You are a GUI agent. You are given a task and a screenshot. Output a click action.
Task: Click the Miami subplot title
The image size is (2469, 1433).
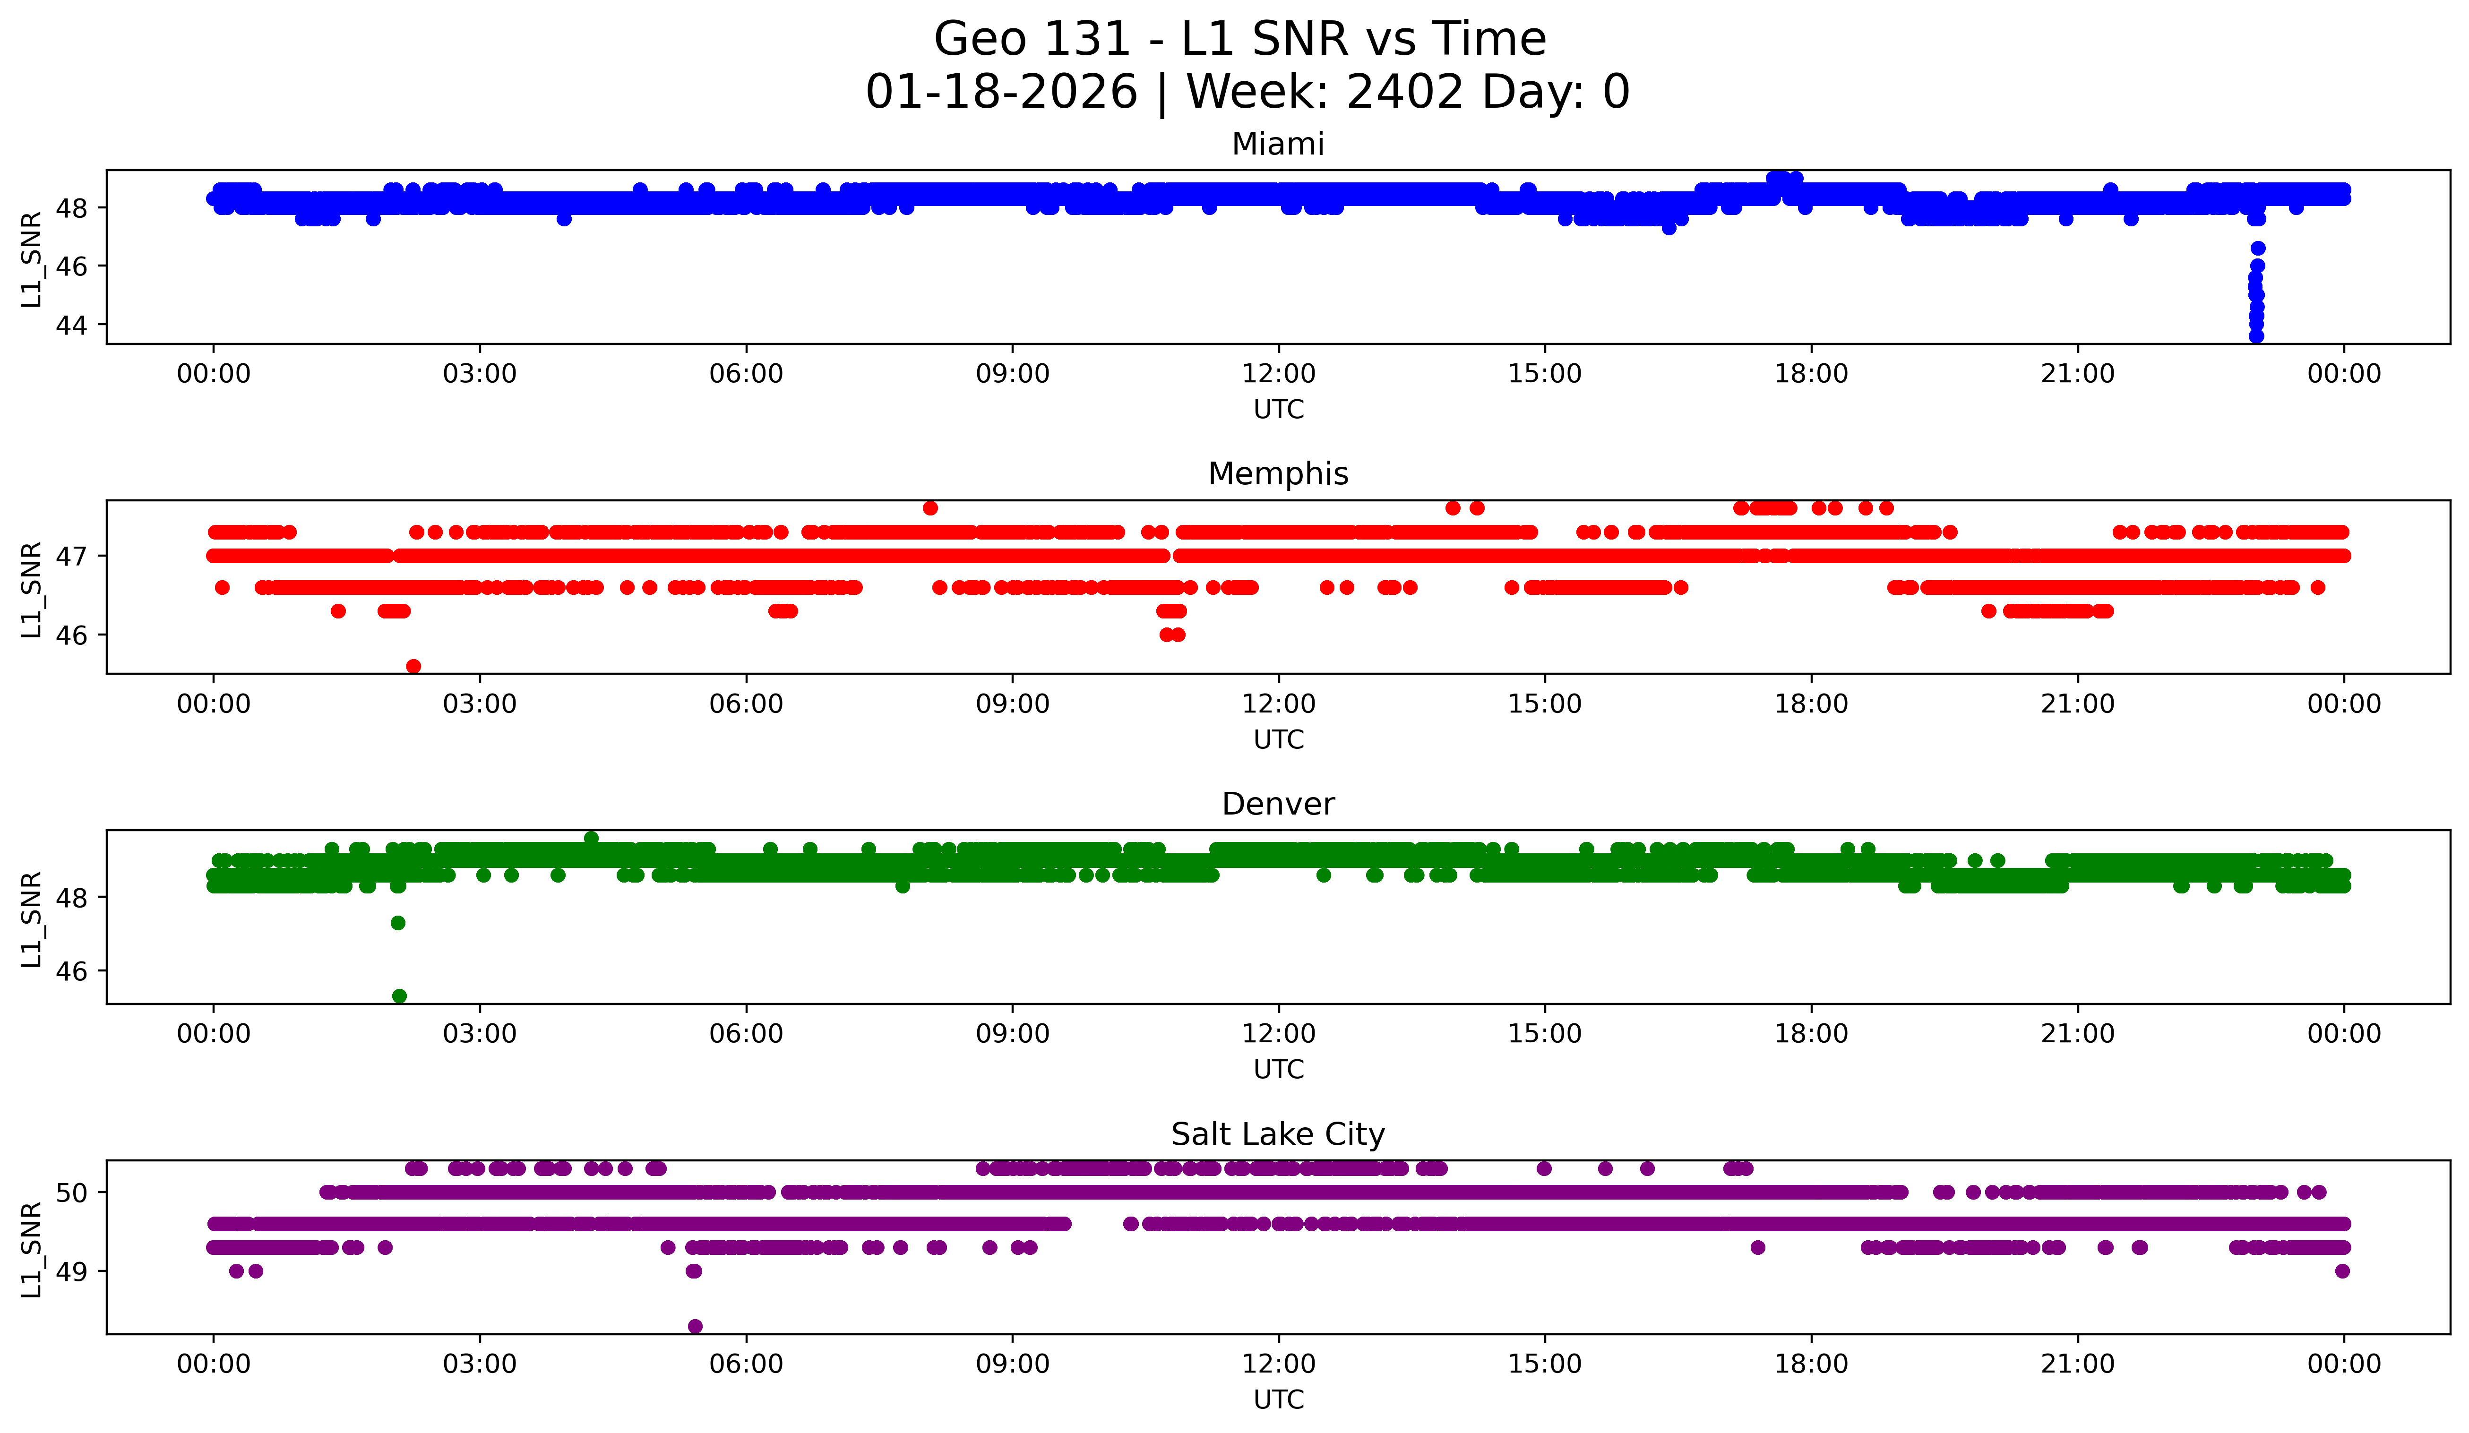point(1278,144)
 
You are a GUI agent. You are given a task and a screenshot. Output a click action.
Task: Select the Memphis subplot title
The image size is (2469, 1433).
point(1278,474)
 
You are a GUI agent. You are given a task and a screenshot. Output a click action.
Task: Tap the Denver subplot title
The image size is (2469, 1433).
point(1278,804)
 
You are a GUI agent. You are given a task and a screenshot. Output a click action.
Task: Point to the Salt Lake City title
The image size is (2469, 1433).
point(1278,1134)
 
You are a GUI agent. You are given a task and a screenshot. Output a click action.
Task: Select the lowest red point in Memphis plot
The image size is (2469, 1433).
point(413,666)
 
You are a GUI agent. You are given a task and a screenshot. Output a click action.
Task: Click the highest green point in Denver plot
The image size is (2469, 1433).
point(591,839)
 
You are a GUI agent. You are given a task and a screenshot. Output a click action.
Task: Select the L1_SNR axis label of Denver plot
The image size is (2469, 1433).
point(31,919)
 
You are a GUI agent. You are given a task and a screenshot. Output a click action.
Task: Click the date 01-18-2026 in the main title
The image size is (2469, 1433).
point(1001,92)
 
